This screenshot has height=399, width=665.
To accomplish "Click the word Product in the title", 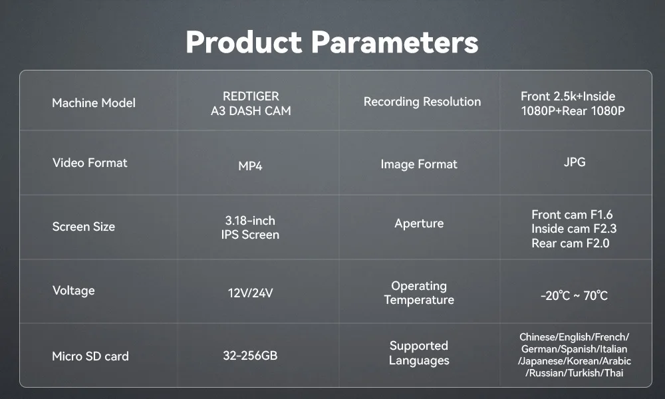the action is (244, 42).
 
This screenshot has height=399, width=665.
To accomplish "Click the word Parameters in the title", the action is (395, 42).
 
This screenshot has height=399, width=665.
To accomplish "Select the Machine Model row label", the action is (94, 103).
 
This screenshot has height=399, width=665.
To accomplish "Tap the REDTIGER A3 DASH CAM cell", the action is (251, 104).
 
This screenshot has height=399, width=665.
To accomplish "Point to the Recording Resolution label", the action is (422, 102).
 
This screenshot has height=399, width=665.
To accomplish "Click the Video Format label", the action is (90, 163).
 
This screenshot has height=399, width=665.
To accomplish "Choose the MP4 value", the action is (250, 166).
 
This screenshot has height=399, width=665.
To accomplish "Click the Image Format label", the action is (419, 164).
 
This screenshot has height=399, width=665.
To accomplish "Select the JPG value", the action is (575, 162).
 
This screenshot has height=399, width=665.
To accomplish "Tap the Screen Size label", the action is (84, 227).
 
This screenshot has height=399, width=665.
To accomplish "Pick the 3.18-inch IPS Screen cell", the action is (250, 227).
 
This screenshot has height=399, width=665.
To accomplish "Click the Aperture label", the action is (419, 223).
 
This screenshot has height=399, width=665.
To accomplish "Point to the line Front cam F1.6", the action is (572, 215).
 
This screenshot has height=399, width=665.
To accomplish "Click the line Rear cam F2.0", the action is (571, 243).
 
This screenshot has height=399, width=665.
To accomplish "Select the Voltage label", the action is (73, 291).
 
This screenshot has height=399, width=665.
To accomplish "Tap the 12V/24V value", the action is (250, 293).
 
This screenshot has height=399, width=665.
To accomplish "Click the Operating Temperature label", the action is (419, 293).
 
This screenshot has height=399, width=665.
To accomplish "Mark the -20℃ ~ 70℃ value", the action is (575, 295).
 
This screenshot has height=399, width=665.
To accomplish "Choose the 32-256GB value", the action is (250, 355).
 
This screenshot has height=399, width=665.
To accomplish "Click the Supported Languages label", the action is (419, 353).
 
